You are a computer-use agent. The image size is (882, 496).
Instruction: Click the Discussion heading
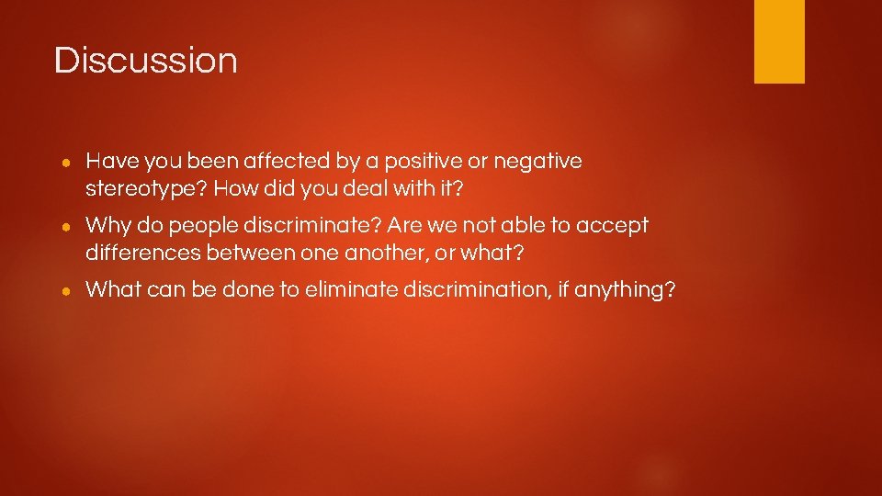click(x=146, y=61)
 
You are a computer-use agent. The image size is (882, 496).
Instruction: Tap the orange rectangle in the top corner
click(x=779, y=40)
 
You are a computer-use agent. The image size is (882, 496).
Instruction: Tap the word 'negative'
click(x=537, y=163)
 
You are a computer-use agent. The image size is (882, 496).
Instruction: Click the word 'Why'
click(x=107, y=226)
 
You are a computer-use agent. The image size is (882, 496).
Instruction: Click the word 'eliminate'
click(x=350, y=290)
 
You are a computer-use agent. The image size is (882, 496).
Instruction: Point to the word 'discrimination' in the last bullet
click(x=471, y=290)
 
